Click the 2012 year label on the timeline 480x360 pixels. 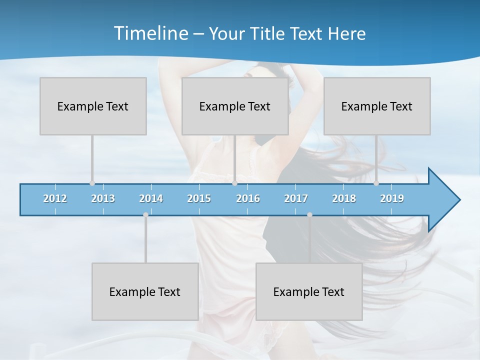click(x=55, y=198)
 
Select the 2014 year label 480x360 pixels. click(x=151, y=198)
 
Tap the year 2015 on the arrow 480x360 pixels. click(x=199, y=198)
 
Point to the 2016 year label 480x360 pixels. click(x=248, y=198)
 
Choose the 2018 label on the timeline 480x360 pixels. click(x=344, y=198)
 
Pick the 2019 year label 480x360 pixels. click(x=392, y=198)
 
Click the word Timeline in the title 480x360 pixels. click(x=150, y=33)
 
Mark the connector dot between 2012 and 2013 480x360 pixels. click(x=92, y=183)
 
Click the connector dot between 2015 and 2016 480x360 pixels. click(x=234, y=183)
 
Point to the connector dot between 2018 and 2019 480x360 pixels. click(x=376, y=183)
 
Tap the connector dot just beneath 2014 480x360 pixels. click(x=145, y=215)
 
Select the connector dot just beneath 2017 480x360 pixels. click(x=309, y=215)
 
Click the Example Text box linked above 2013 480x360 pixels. click(x=93, y=106)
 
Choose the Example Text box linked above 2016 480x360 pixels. click(x=235, y=106)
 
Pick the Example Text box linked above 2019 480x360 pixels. click(x=377, y=106)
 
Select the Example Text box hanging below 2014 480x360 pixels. click(x=145, y=291)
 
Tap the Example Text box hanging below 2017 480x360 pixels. click(x=309, y=291)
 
